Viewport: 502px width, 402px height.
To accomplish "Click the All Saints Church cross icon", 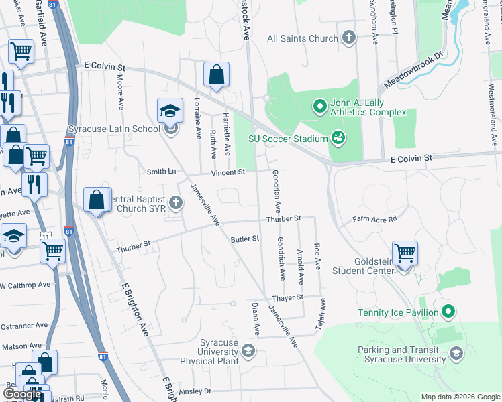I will click(x=348, y=38).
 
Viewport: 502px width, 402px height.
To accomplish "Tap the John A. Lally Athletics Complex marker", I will click(x=320, y=105).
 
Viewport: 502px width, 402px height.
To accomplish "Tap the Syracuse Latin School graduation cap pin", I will click(x=170, y=111).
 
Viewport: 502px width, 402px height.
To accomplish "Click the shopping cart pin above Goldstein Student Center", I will click(x=405, y=253).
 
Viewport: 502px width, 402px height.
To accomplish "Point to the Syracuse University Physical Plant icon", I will click(x=248, y=350).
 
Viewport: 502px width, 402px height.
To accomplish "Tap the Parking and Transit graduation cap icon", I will click(x=456, y=353).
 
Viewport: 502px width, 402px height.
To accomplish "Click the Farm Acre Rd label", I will click(x=374, y=219).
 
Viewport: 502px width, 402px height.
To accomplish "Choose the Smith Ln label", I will click(x=161, y=172).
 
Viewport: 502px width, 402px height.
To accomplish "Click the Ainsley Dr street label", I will click(x=195, y=391).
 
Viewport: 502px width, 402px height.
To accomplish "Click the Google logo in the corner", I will click(x=22, y=394).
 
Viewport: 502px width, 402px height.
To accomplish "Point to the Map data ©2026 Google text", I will click(x=460, y=397).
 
